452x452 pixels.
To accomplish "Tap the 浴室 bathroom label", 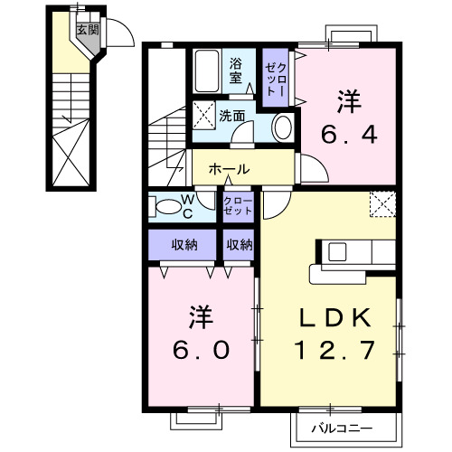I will click(235, 71).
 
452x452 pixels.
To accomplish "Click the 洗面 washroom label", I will click(231, 116).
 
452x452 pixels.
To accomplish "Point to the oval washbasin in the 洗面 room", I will click(282, 126).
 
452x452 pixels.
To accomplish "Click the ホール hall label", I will click(231, 169).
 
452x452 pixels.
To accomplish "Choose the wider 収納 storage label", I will click(185, 244).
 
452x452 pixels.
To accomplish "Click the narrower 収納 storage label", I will click(240, 244).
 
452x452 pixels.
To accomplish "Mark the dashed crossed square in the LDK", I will click(382, 204).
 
